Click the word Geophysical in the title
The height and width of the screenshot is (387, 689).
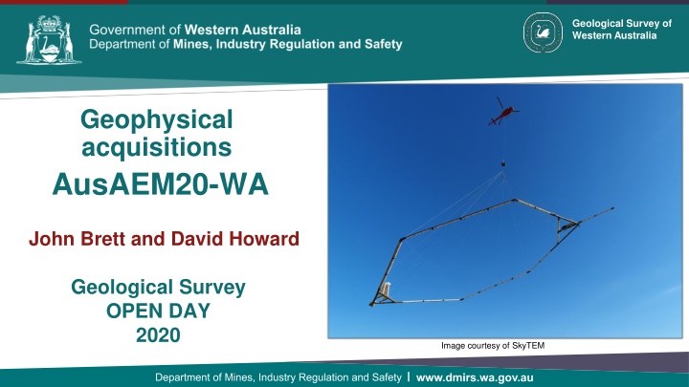pos(157,120)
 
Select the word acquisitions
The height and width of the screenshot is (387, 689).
pos(157,147)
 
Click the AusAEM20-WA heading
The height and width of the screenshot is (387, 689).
pos(157,181)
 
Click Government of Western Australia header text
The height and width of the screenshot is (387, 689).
pos(195,27)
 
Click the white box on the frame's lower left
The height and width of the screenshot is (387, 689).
pos(385,289)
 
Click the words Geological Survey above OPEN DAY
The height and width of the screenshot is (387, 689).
pos(157,286)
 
